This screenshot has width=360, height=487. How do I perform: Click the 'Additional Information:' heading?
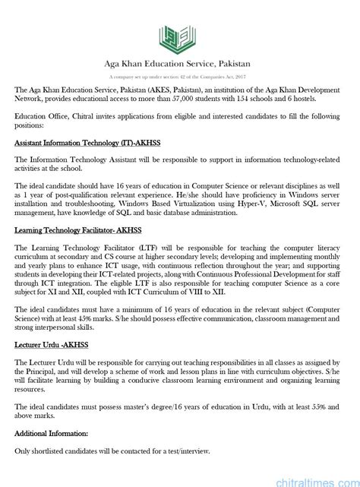point(51,432)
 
